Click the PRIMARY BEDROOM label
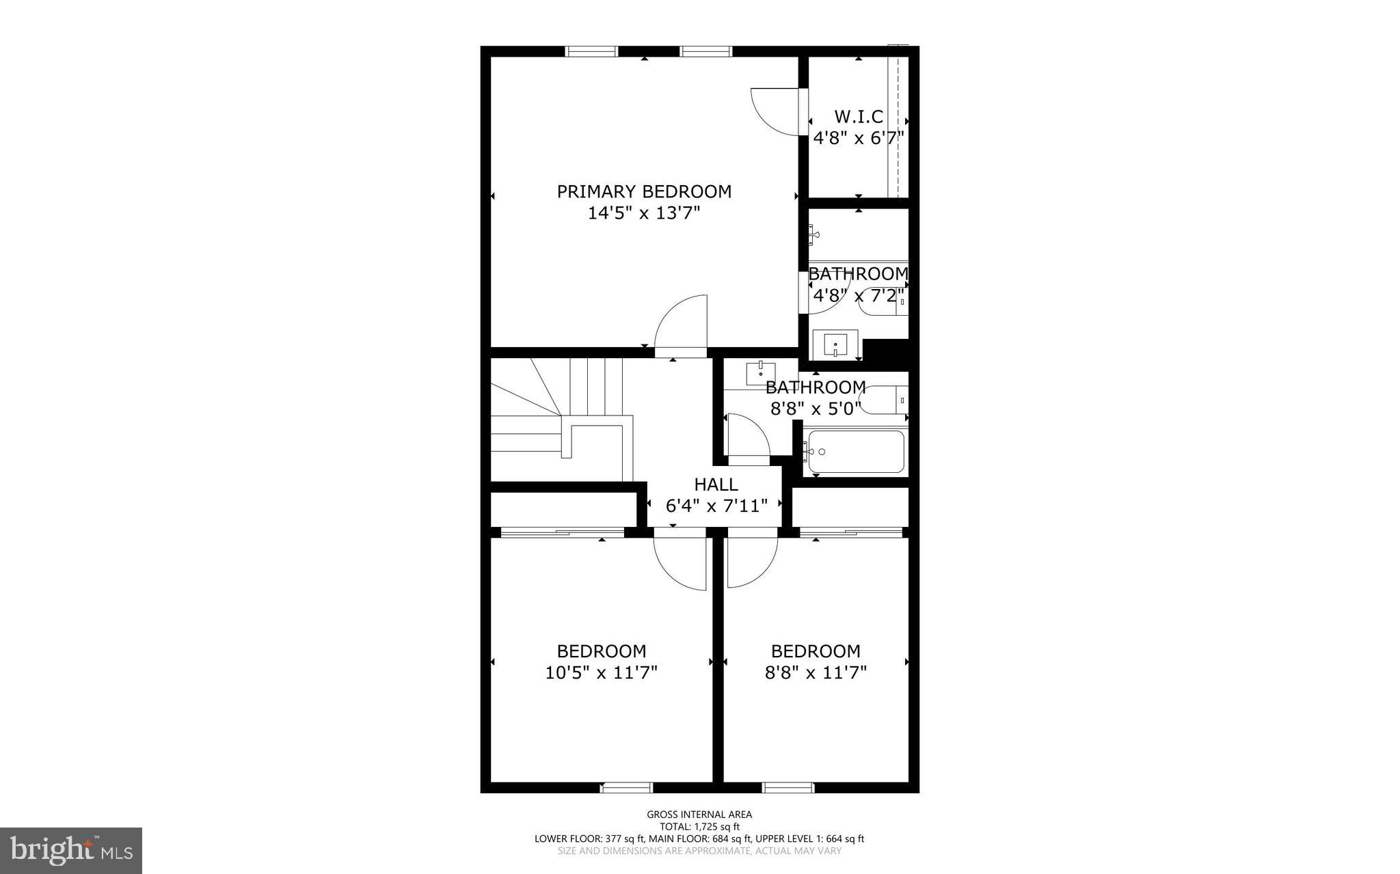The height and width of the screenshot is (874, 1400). pyautogui.click(x=644, y=191)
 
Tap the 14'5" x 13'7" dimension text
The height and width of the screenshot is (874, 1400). pyautogui.click(x=644, y=214)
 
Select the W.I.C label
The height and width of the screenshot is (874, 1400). pyautogui.click(x=859, y=117)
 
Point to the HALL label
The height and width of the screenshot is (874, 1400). pyautogui.click(x=716, y=484)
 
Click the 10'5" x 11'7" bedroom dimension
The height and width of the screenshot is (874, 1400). pyautogui.click(x=601, y=673)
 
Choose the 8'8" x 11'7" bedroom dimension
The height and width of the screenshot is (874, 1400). pyautogui.click(x=816, y=673)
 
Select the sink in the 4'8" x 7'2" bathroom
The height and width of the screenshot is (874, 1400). pyautogui.click(x=835, y=344)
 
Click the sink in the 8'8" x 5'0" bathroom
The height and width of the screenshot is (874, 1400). pyautogui.click(x=760, y=374)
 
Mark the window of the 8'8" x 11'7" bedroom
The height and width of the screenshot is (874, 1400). pyautogui.click(x=788, y=788)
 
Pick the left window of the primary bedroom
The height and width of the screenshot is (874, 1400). pyautogui.click(x=592, y=51)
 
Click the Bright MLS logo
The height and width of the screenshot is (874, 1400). pyautogui.click(x=71, y=851)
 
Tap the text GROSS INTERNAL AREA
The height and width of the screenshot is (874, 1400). pyautogui.click(x=699, y=815)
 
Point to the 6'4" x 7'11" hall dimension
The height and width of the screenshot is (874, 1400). pyautogui.click(x=716, y=506)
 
